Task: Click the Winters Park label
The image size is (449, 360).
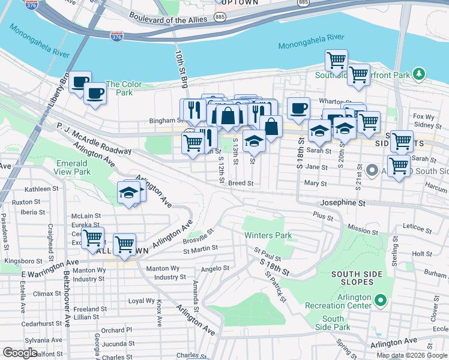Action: pos(267,235)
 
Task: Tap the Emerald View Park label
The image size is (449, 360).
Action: pos(73,167)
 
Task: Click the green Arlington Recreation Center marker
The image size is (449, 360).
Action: pos(379,299)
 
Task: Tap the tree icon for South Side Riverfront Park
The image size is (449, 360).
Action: pos(419,74)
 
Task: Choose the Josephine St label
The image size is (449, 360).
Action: pos(342,203)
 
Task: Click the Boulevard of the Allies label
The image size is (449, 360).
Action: pos(168,20)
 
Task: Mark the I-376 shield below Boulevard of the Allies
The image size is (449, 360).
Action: pos(116,37)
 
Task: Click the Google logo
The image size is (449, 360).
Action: pos(20,353)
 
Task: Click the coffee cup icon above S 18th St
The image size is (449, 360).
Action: pos(298,109)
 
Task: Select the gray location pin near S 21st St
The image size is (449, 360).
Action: pos(372,171)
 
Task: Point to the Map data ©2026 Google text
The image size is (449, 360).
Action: pos(411,355)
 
